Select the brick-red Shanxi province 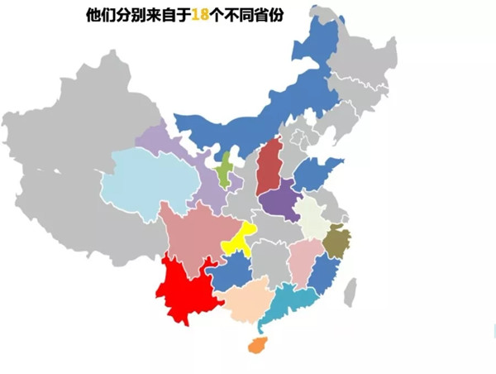click(269, 165)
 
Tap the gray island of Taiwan click(351, 290)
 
